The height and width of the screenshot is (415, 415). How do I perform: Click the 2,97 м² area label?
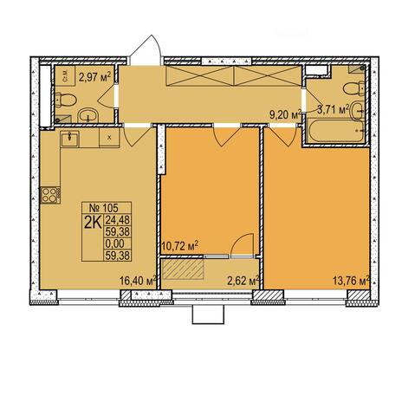[x=94, y=77]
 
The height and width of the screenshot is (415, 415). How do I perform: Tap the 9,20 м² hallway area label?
[x=285, y=114]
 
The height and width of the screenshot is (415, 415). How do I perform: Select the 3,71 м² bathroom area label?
[x=333, y=110]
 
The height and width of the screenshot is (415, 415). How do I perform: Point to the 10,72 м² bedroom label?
[x=179, y=246]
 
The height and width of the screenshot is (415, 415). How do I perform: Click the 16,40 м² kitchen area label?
[x=138, y=280]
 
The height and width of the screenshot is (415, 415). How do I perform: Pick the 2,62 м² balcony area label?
[x=243, y=281]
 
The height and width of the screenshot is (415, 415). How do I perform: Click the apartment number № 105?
[x=103, y=207]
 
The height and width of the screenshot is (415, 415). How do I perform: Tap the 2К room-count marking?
[x=93, y=223]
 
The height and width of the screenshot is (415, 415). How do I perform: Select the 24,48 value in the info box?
[x=118, y=220]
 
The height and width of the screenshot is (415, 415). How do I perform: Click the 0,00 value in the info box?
[x=114, y=243]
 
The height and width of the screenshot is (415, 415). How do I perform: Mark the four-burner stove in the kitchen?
[x=50, y=195]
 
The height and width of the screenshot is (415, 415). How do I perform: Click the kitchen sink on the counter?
[x=69, y=139]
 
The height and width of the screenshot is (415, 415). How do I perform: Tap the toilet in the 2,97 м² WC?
[x=65, y=100]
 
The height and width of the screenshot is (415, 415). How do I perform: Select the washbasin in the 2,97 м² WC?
[x=88, y=115]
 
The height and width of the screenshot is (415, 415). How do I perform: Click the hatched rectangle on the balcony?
[x=182, y=269]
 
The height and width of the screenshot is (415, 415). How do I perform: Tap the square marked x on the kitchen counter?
[x=109, y=138]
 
